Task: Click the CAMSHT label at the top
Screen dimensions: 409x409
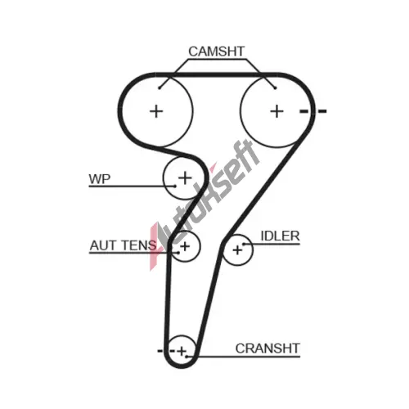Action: pos(217,52)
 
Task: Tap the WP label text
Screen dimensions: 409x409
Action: pos(100,179)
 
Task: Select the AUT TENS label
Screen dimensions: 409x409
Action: pos(123,245)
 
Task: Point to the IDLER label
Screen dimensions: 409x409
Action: pos(280,236)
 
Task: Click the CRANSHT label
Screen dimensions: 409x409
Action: pos(267,348)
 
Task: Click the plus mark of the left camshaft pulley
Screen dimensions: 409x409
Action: pos(156,111)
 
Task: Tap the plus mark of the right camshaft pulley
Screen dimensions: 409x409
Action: pos(276,111)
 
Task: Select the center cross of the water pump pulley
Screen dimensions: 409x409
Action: pos(185,178)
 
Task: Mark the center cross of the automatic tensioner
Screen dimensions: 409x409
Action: pos(185,246)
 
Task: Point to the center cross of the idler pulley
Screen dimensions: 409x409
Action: pos(237,250)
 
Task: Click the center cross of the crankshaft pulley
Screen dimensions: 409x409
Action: pos(182,351)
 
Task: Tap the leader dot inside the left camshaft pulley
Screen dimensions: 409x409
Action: pos(160,88)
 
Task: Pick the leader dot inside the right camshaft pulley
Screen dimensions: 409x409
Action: pos(275,88)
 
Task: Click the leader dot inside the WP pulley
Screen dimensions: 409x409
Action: pos(175,187)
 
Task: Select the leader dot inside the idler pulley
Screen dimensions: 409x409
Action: pos(244,244)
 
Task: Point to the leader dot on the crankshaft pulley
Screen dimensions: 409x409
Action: pos(187,356)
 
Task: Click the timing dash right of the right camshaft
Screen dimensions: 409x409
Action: pos(322,111)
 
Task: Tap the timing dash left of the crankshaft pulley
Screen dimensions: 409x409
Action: pos(160,351)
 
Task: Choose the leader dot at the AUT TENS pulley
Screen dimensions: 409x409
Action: pos(178,253)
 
